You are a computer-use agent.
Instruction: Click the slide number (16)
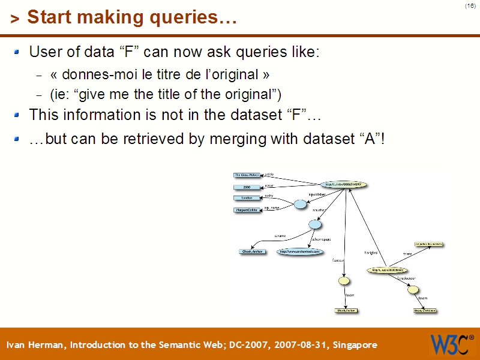click(470, 6)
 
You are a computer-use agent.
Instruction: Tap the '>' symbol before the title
click(15, 19)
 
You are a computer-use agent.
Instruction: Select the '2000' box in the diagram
click(247, 187)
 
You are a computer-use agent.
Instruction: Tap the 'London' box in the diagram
click(247, 198)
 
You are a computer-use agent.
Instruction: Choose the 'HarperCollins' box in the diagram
click(247, 210)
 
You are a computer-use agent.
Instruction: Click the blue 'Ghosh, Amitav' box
click(253, 251)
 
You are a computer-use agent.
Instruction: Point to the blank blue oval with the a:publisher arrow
click(300, 205)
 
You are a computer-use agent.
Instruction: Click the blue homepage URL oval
click(300, 251)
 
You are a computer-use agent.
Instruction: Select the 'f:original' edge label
click(370, 253)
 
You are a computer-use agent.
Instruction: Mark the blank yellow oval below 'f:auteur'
click(344, 280)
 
